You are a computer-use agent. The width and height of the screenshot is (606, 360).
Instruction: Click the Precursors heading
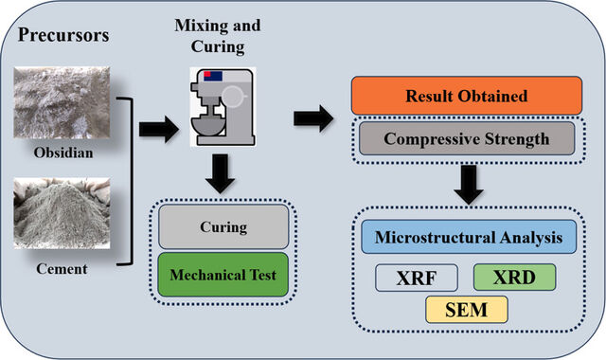point(63,35)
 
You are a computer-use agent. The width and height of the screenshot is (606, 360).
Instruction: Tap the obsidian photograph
point(62,102)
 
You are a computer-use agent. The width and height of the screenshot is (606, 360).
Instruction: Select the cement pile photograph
point(62,213)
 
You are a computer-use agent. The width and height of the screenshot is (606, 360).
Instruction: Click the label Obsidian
point(63,153)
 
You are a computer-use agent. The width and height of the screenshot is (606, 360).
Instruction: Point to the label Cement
point(62,269)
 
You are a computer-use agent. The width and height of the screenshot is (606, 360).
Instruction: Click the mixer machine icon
point(223,107)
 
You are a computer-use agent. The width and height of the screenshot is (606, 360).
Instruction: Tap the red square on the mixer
point(207,74)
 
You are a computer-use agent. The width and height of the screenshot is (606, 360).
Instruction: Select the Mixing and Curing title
point(218,36)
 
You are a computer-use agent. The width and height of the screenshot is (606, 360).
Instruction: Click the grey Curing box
point(223,226)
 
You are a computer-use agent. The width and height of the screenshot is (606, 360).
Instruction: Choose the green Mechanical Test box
point(223,275)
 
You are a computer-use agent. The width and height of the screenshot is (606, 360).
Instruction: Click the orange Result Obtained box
point(467,96)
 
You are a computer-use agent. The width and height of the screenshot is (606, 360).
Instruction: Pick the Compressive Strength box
point(467,138)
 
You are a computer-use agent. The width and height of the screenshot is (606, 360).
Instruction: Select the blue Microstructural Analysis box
point(469,237)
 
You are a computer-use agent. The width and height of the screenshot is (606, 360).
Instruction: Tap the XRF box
point(417,278)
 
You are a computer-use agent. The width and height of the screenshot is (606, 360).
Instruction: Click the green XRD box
point(515,278)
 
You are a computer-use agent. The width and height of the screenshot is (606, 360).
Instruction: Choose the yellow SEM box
point(467,310)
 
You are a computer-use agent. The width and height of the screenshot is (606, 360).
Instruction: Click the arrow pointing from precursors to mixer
point(159,129)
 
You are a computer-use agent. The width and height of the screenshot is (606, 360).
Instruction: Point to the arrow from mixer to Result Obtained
point(313,118)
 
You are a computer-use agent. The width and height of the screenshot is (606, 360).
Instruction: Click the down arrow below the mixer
point(220,173)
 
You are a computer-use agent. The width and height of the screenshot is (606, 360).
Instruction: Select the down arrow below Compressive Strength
point(469,185)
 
